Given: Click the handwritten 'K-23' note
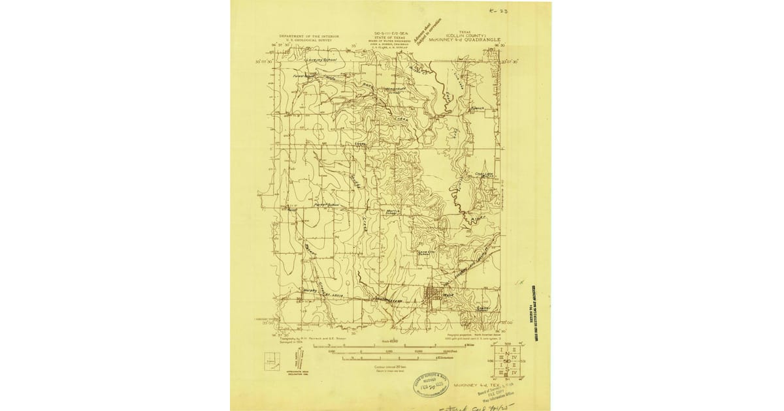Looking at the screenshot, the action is pos(499,11).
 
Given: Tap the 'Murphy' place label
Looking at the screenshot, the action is pos(310,290).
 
